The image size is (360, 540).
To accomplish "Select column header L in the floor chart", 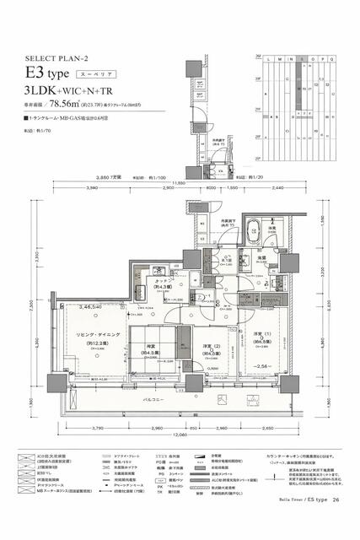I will point(267,59).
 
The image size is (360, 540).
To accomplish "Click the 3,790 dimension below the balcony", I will point(99,429).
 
